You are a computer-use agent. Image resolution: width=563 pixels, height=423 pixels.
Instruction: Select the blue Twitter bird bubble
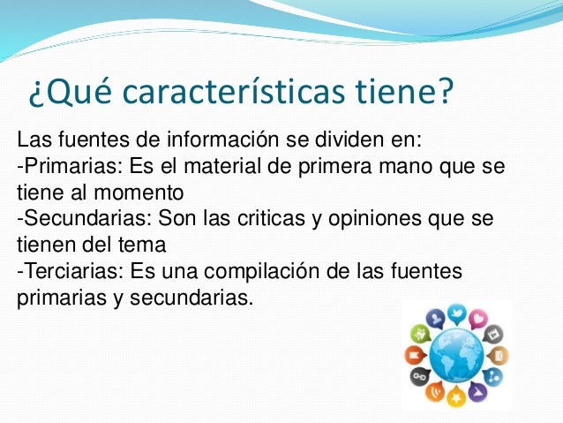pyautogui.click(x=455, y=313)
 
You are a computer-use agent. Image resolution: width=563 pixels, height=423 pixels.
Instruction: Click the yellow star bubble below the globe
pyautogui.click(x=455, y=397)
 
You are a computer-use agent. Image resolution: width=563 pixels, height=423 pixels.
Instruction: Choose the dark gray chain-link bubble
pyautogui.click(x=418, y=378)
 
